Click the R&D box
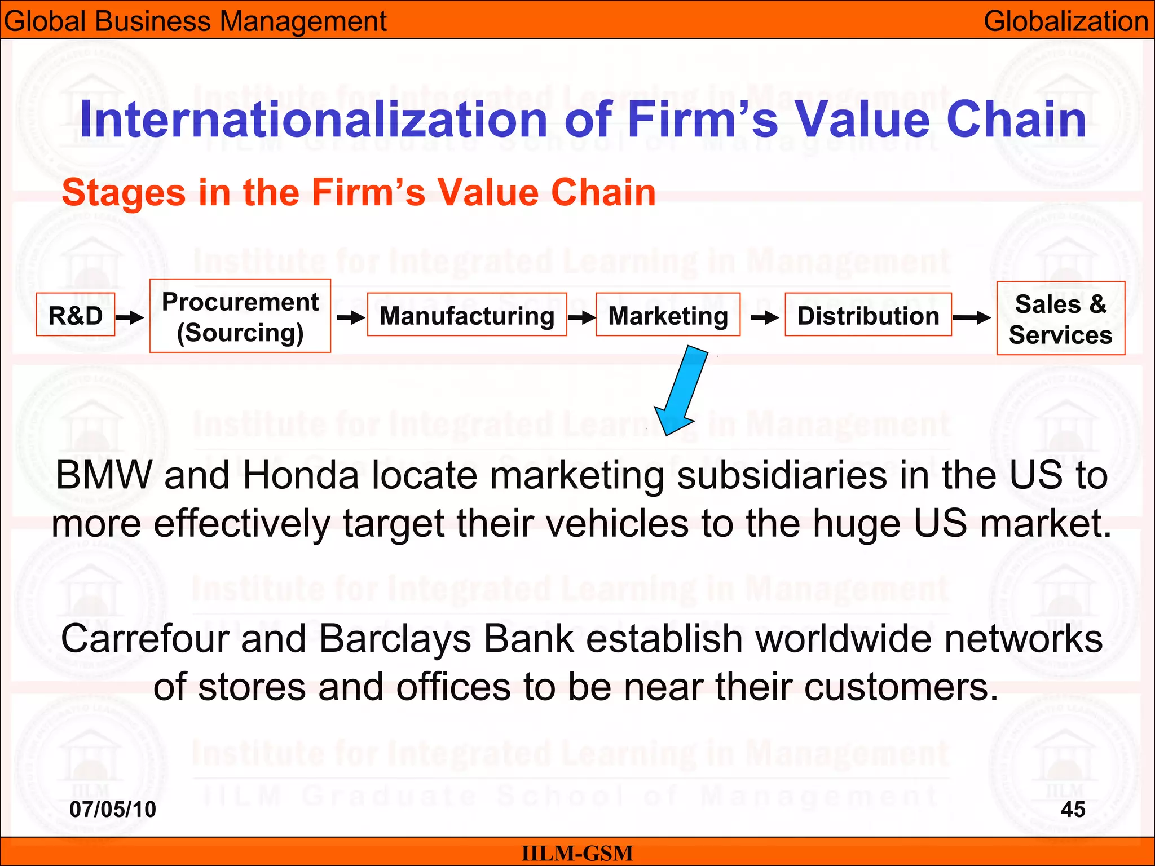[x=76, y=315]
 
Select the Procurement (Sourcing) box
[x=240, y=316]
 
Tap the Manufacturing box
[x=467, y=315]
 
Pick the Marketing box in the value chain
[x=668, y=315]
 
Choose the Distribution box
[x=868, y=315]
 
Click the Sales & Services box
[x=1060, y=319]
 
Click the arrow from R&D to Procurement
[x=130, y=317]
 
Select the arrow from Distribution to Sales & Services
[x=972, y=318]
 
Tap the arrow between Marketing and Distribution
[x=764, y=318]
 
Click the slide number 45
[x=1073, y=809]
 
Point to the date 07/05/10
[x=113, y=809]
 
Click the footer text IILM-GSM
[x=577, y=853]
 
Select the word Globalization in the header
[x=1065, y=21]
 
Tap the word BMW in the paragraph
[x=104, y=475]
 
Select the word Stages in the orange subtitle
[x=124, y=192]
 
